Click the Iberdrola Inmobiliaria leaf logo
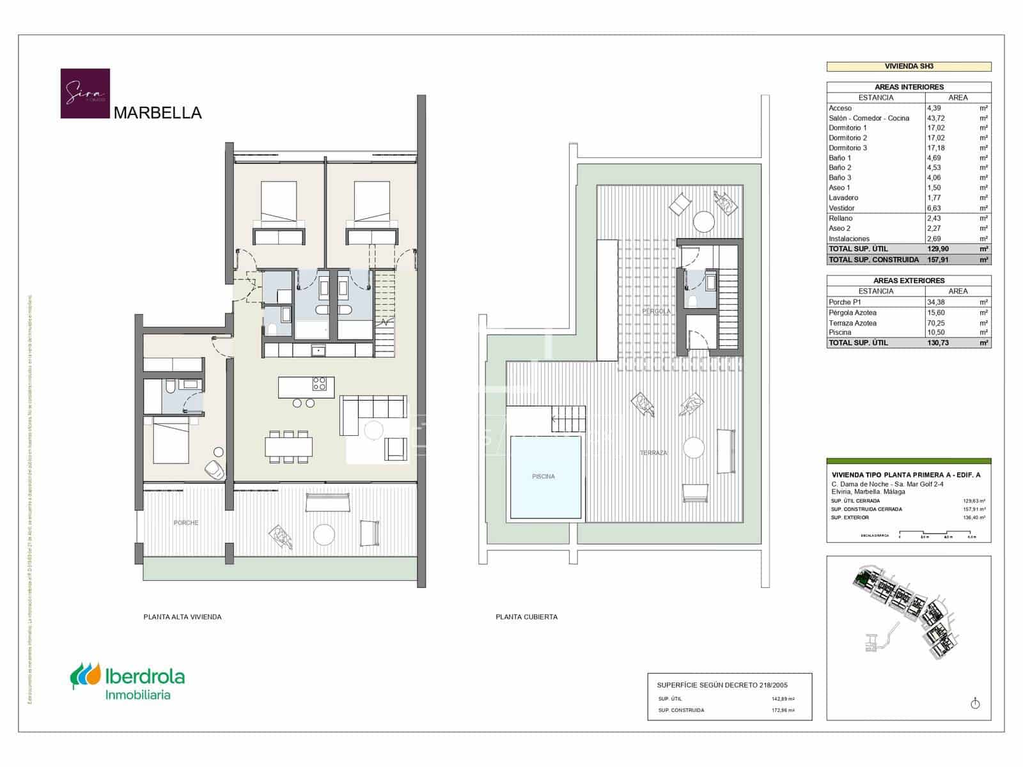[x=86, y=676]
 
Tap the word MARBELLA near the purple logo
[x=157, y=113]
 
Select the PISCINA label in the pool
[x=543, y=476]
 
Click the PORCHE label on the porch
[x=186, y=523]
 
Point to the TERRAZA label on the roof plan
[x=653, y=453]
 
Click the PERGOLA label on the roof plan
[x=657, y=311]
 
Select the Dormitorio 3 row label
[x=848, y=148]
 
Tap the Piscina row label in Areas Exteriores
[x=840, y=332]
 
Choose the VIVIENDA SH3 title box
[x=909, y=66]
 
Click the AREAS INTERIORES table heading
[x=909, y=87]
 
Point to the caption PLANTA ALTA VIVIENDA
[x=182, y=617]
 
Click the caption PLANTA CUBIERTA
[x=526, y=617]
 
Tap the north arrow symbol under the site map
[x=975, y=703]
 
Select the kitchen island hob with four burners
[x=319, y=383]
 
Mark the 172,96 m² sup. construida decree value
[x=783, y=710]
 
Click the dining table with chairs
[x=289, y=445]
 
